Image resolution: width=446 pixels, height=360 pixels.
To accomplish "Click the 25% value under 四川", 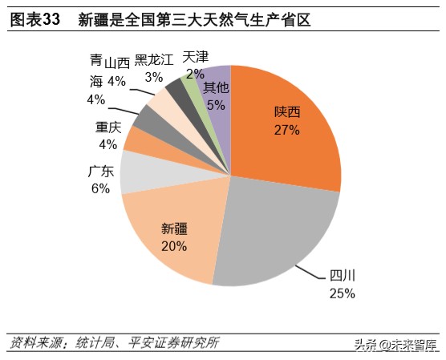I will (x=342, y=293).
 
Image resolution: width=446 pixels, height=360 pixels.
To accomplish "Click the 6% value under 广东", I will (x=100, y=188).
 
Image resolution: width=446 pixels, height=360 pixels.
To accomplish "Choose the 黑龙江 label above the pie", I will (x=153, y=60).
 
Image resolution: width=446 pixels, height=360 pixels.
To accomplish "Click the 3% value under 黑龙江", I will (x=152, y=77).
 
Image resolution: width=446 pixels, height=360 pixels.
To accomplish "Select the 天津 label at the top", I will (x=195, y=57).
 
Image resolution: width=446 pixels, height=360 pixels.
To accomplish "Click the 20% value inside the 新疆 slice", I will (x=173, y=246).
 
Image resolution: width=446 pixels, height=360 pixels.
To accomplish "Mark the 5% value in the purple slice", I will (x=216, y=104).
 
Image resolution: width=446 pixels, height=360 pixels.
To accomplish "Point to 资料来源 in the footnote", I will (x=32, y=343).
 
